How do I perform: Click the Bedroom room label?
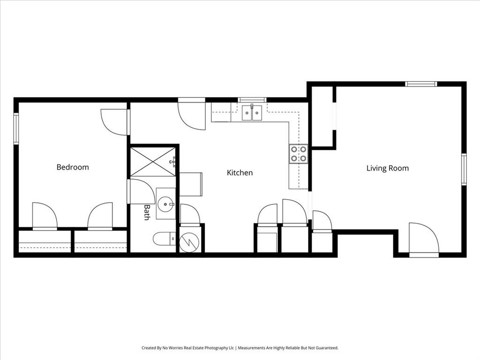[x=73, y=167]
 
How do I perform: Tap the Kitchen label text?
[x=240, y=172]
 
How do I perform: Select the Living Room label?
[x=387, y=168]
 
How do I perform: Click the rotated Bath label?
[x=147, y=212]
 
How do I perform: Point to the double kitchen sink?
[x=252, y=113]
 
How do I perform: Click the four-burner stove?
[x=299, y=154]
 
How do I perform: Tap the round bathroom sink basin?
[x=165, y=203]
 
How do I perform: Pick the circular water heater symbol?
[x=190, y=241]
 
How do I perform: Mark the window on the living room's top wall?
[x=421, y=84]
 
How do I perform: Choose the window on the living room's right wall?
[x=464, y=169]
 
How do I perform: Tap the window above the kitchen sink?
[x=252, y=100]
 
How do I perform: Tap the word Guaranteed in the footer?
[x=326, y=348]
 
